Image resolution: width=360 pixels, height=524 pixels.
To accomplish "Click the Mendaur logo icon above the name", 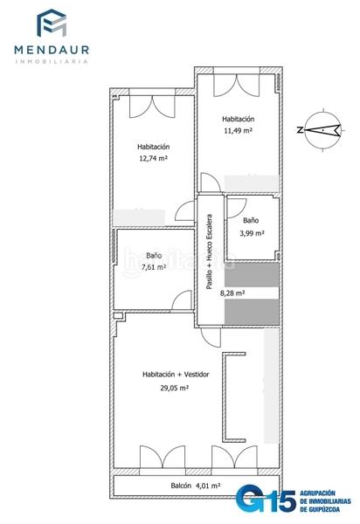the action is [52, 23].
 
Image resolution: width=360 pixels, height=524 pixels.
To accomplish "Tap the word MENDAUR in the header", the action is [52, 50].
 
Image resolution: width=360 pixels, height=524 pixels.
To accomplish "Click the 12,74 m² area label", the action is [153, 158].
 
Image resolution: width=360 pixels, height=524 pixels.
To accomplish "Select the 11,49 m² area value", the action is [238, 130].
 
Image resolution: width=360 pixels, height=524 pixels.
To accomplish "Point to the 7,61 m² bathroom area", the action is [154, 267].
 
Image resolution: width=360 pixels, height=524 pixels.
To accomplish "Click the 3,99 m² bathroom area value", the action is [252, 233].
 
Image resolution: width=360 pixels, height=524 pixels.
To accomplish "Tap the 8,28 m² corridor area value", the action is [232, 293].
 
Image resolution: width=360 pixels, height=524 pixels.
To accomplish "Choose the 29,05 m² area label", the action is [174, 388].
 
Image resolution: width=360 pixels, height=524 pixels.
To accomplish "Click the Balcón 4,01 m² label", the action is [195, 486].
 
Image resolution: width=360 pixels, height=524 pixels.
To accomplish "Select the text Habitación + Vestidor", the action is [176, 375].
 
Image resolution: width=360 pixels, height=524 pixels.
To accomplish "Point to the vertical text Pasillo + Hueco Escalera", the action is [209, 252].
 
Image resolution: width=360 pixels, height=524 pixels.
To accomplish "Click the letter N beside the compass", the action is [300, 130].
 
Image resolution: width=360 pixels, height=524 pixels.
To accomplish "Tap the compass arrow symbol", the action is [323, 130].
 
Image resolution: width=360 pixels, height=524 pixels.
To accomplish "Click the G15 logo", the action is [266, 500].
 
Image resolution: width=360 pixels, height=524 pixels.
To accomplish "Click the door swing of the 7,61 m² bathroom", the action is [182, 300].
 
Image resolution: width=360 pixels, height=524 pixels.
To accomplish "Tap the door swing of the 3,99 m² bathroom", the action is [237, 208].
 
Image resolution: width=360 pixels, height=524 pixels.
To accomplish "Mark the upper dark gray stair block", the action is [252, 275].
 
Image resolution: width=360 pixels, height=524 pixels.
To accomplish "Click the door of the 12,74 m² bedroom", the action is [185, 210].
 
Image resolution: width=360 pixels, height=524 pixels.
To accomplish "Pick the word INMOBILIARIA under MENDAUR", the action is [52, 61].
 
